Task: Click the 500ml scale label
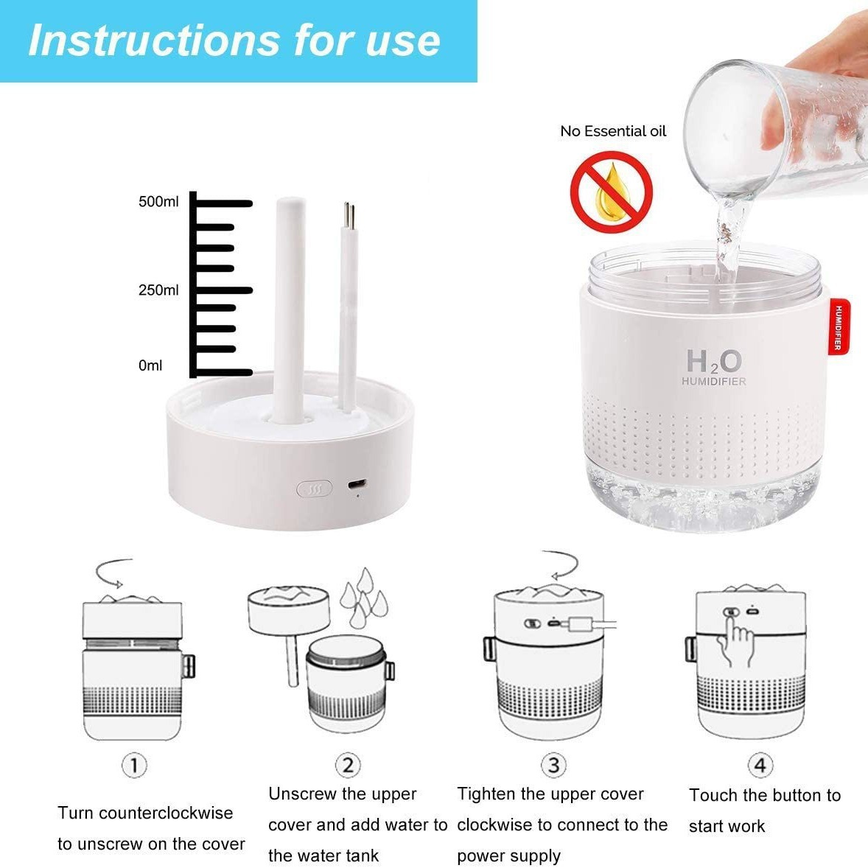pos(158,201)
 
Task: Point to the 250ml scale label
pos(158,290)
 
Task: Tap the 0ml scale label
pos(150,365)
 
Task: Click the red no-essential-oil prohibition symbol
pos(611,192)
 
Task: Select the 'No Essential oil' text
pos(613,131)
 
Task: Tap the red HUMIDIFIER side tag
pos(839,326)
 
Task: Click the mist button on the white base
pos(315,489)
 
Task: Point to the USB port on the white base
pos(357,485)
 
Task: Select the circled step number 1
pos(134,766)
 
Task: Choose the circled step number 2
pos(348,765)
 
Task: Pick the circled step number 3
pos(553,765)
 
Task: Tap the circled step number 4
pos(760,765)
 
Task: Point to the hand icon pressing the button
pos(735,642)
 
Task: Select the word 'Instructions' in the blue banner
pos(154,41)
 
